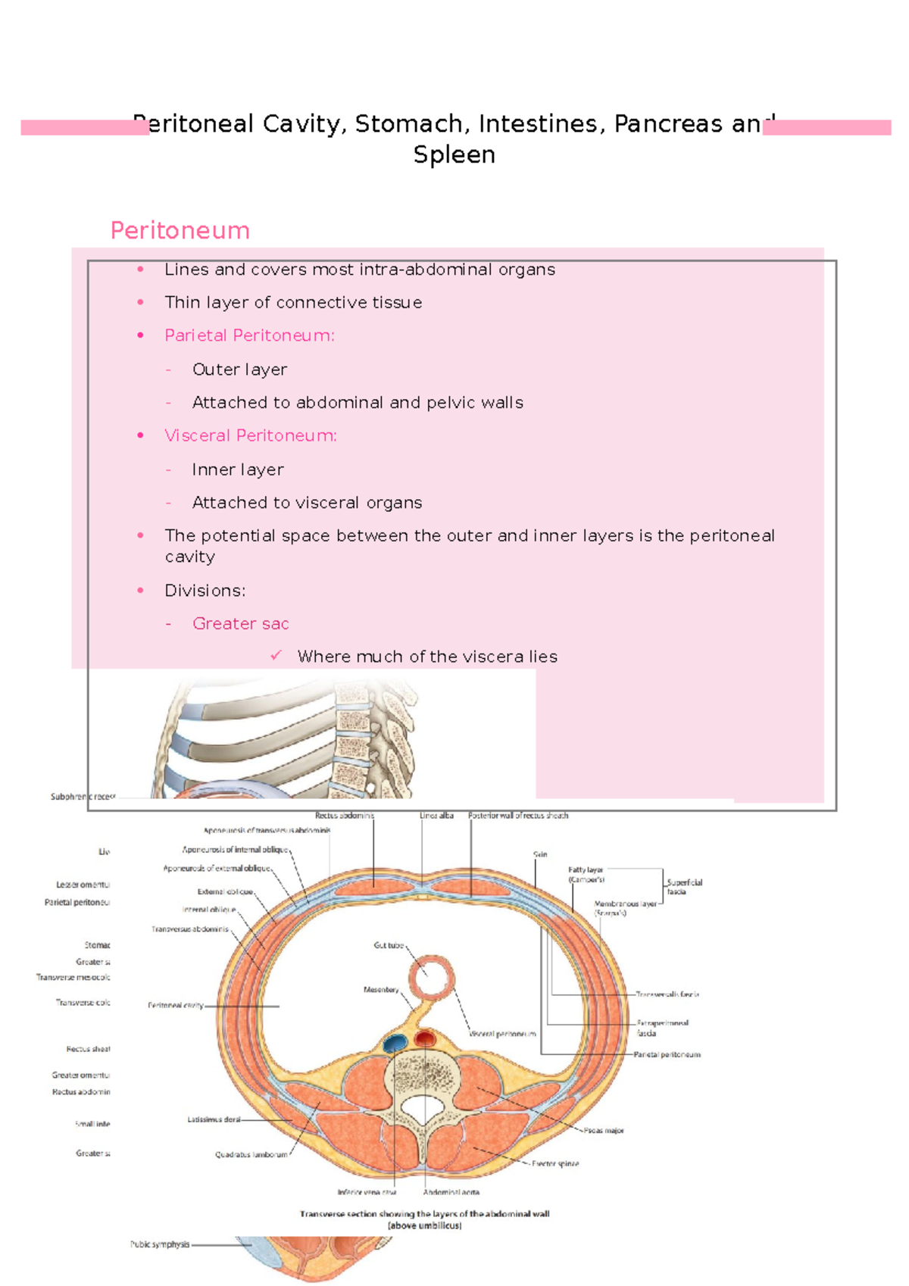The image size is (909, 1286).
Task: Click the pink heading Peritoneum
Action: (x=180, y=230)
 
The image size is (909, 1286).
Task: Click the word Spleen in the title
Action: (x=454, y=155)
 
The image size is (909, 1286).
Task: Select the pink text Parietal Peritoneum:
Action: (x=249, y=336)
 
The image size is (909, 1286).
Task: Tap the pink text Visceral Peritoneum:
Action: (x=251, y=435)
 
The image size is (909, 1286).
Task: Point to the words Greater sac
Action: (x=240, y=623)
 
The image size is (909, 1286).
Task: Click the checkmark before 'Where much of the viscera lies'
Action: (x=276, y=655)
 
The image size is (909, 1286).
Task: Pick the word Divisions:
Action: (x=205, y=590)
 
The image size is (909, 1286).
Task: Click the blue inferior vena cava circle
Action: (x=395, y=1044)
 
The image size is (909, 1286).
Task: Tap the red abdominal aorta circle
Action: (x=425, y=1038)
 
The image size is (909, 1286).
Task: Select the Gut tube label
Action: (x=389, y=945)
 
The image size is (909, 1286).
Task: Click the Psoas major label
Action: (x=604, y=1131)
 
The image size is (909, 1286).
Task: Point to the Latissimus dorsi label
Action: (x=214, y=1119)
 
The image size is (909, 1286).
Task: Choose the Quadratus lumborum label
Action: (x=251, y=1155)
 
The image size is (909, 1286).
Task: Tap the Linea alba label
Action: (x=436, y=816)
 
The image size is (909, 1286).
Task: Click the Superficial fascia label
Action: (x=684, y=887)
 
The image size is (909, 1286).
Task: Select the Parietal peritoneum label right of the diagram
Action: (x=667, y=1054)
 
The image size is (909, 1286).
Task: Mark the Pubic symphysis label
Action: (x=159, y=1244)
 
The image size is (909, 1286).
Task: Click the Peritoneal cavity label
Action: (x=175, y=1006)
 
